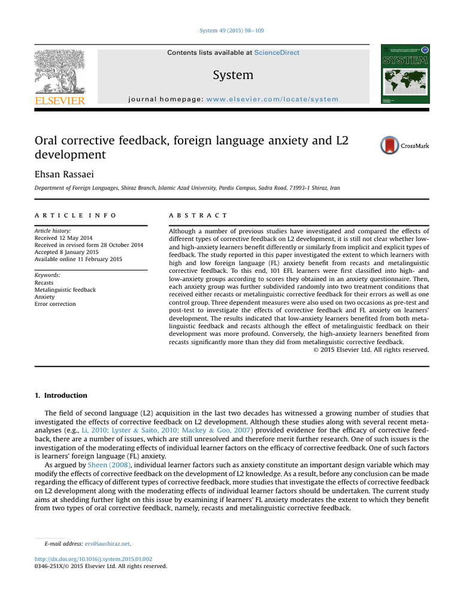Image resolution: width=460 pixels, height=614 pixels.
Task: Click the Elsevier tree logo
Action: click(59, 71)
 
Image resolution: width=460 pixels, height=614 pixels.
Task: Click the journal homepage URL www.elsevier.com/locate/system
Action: click(272, 99)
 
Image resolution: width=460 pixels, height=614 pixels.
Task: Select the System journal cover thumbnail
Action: click(405, 74)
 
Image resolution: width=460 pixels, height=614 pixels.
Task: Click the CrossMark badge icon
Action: click(390, 146)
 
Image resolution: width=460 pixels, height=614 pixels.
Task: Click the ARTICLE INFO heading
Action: click(75, 215)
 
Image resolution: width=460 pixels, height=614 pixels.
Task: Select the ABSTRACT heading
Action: click(198, 215)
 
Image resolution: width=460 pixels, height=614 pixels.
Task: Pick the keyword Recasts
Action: click(44, 282)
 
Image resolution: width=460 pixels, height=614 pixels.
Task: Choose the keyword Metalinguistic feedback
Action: click(65, 290)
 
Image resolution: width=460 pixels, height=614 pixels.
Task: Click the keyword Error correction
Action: click(55, 304)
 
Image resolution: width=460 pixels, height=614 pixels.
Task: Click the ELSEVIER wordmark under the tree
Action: click(59, 101)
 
